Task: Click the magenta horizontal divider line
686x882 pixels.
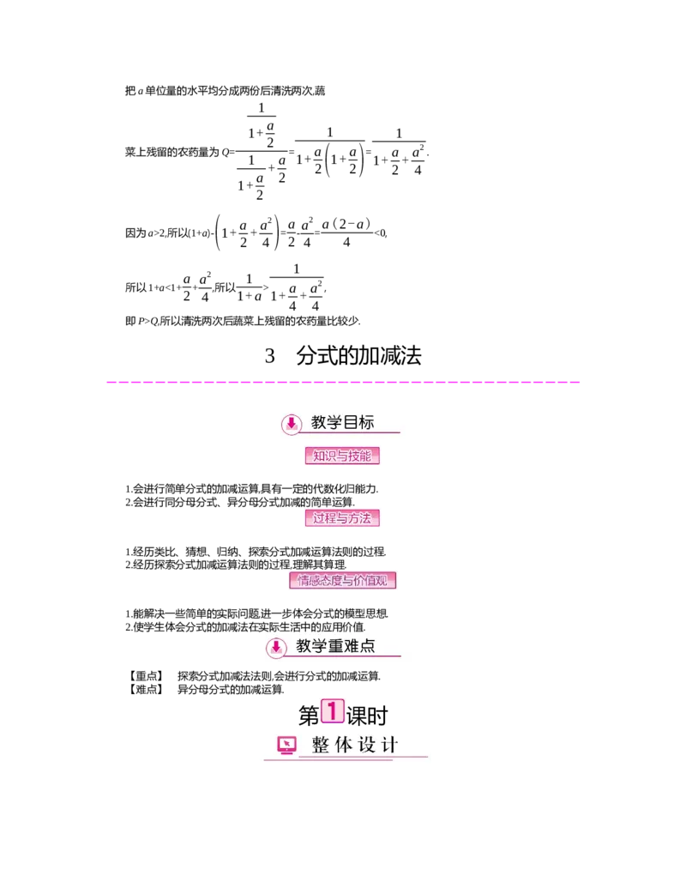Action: pyautogui.click(x=343, y=381)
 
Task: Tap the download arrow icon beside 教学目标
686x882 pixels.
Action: pyautogui.click(x=292, y=423)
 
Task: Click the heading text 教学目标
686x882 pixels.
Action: pyautogui.click(x=343, y=422)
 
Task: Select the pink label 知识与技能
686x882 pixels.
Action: pyautogui.click(x=342, y=456)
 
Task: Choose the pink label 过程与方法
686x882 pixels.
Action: pyautogui.click(x=342, y=518)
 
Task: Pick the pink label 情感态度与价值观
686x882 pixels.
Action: pyautogui.click(x=346, y=581)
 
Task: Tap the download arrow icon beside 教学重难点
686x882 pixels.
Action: pyautogui.click(x=275, y=647)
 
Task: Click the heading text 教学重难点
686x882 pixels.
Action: pyautogui.click(x=335, y=646)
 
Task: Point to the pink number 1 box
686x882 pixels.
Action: pyautogui.click(x=332, y=710)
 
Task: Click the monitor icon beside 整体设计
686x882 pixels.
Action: pyautogui.click(x=286, y=745)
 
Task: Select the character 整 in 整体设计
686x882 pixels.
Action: pyautogui.click(x=321, y=745)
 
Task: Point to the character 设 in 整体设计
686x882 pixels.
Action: pyautogui.click(x=367, y=745)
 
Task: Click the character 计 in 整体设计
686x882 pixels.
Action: pyautogui.click(x=390, y=745)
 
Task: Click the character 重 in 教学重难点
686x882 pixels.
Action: pyautogui.click(x=335, y=646)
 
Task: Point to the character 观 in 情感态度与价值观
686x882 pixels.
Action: pyautogui.click(x=392, y=581)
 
